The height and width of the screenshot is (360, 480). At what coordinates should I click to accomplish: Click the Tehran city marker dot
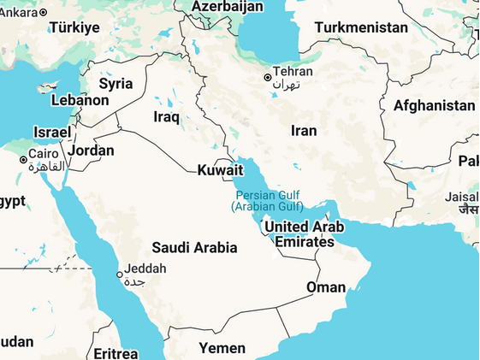click(268, 78)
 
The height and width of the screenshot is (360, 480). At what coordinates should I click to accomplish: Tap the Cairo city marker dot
click(23, 159)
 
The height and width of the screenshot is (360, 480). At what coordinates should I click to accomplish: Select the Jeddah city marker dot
click(120, 274)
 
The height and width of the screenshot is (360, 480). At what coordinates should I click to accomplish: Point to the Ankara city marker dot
click(44, 12)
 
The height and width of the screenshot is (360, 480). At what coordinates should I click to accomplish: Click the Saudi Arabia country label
click(194, 248)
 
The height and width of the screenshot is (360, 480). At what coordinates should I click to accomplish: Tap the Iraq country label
click(166, 116)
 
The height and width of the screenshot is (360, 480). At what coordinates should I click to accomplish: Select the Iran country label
click(304, 131)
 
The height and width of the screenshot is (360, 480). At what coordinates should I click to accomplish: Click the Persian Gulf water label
click(267, 200)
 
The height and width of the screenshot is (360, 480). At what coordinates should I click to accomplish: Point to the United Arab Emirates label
click(304, 234)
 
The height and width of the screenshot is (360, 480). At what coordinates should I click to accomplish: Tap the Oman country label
click(326, 287)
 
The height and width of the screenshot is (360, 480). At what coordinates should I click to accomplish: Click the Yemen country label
click(222, 348)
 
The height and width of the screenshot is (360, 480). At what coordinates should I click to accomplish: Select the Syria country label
click(116, 84)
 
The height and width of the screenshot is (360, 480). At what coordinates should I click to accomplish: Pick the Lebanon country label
click(80, 100)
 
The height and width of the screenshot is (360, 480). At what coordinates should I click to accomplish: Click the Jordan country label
click(91, 150)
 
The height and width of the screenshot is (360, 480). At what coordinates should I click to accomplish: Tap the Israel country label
click(52, 132)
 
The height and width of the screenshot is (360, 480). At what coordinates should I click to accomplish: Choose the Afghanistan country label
click(434, 106)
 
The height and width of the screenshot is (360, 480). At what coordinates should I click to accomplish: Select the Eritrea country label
click(116, 353)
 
